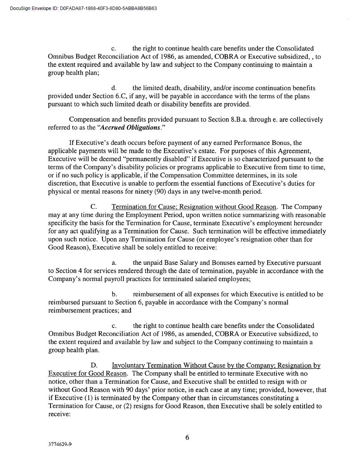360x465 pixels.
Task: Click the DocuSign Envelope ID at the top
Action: (x=83, y=8)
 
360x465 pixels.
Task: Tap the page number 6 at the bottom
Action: (x=187, y=437)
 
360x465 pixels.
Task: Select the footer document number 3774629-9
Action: (x=60, y=444)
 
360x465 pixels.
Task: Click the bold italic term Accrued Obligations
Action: (x=129, y=127)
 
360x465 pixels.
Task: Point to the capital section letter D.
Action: (x=94, y=365)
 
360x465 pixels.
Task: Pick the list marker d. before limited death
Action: (x=114, y=88)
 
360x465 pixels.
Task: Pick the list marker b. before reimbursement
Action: (x=114, y=294)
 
